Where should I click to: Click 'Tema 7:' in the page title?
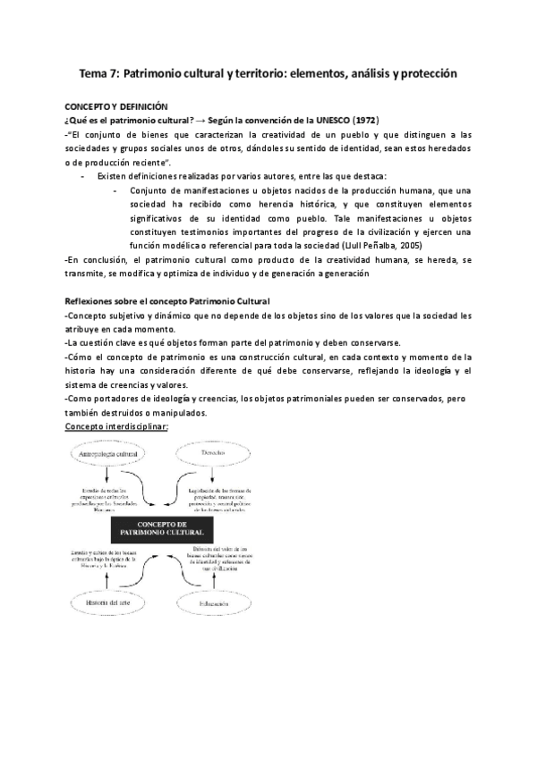tap(98, 75)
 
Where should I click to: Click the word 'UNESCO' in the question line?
tap(296, 120)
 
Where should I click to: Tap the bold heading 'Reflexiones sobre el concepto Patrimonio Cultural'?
tap(169, 300)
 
